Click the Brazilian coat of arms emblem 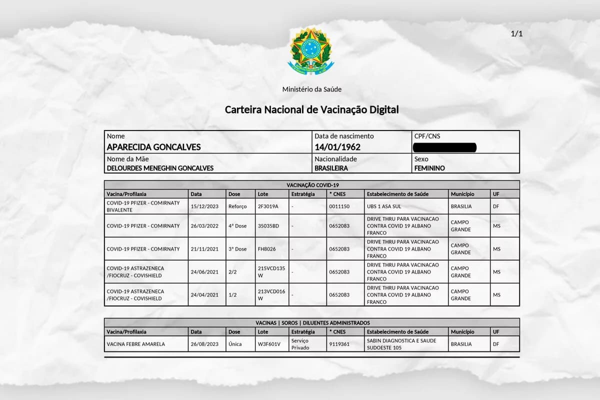click(x=311, y=51)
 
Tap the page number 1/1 click(x=516, y=33)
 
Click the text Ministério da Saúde click(x=312, y=89)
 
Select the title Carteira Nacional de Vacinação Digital click(x=312, y=109)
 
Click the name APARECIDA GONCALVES click(x=154, y=147)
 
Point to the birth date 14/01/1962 click(x=337, y=147)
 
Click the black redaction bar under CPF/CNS click(x=445, y=147)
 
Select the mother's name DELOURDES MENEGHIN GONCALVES click(x=160, y=168)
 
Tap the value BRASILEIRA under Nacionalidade click(x=331, y=168)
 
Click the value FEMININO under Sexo click(x=429, y=168)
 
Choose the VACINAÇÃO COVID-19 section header click(x=312, y=185)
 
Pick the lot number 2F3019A click(x=268, y=206)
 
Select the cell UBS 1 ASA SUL click(x=384, y=206)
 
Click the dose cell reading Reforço click(x=237, y=206)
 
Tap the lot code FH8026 click(x=267, y=249)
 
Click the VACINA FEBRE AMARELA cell click(x=136, y=344)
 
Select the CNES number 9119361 click(x=339, y=344)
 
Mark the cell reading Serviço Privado click(x=300, y=344)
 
